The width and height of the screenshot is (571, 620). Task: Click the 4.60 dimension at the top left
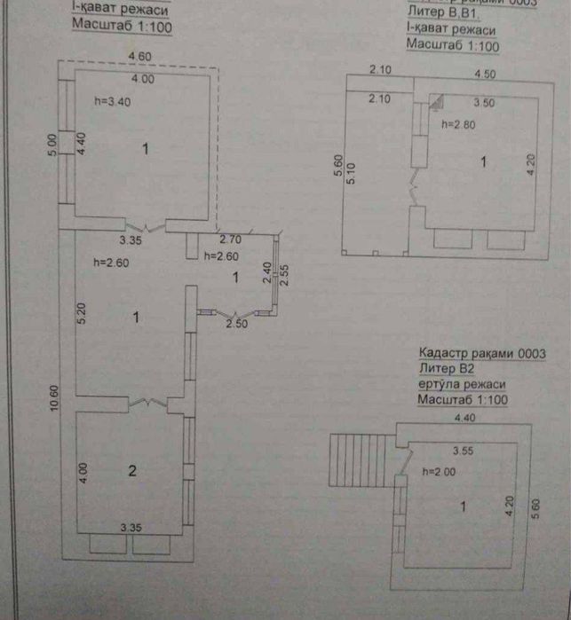tap(140, 57)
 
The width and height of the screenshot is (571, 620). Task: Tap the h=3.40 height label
tap(111, 102)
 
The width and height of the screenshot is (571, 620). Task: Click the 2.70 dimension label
tap(231, 239)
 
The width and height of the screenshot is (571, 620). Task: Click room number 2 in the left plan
tap(132, 471)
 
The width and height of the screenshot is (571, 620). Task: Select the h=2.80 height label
tap(458, 125)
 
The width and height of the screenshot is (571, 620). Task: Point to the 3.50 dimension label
tap(484, 102)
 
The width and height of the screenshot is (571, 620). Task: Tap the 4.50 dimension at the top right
tap(485, 73)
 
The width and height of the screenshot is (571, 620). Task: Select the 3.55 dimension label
tap(464, 450)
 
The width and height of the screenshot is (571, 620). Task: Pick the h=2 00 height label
tap(440, 472)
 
